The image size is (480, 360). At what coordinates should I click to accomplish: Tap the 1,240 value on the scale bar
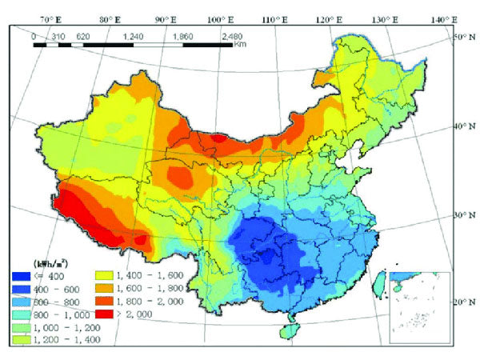pyautogui.click(x=134, y=36)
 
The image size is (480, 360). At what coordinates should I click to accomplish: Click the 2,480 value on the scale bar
pyautogui.click(x=233, y=36)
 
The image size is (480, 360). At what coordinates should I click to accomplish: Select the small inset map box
pyautogui.click(x=417, y=309)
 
